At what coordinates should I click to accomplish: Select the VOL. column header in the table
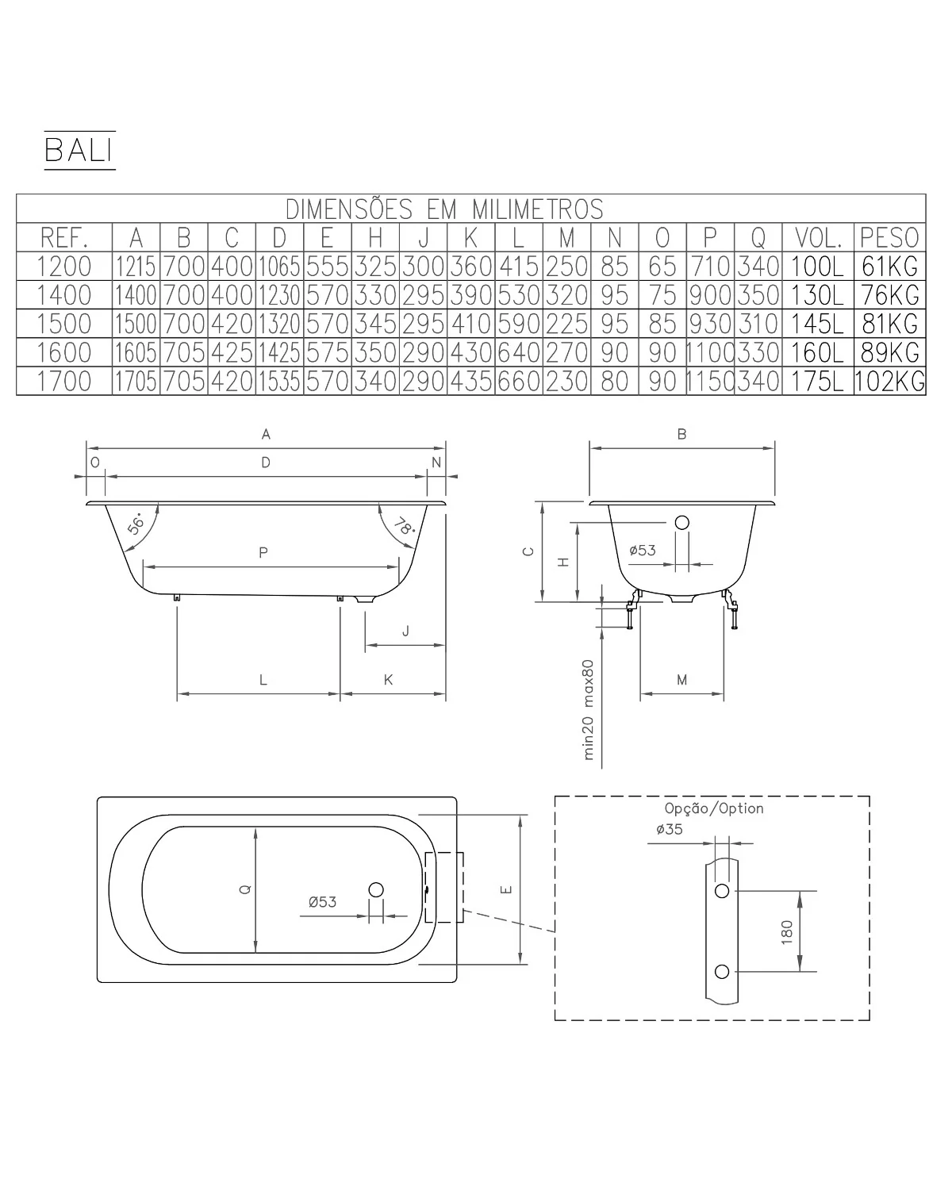(818, 238)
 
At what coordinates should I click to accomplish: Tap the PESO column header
(889, 238)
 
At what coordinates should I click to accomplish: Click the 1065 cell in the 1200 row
(279, 267)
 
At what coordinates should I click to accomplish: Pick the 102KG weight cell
(889, 381)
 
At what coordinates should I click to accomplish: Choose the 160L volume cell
(817, 352)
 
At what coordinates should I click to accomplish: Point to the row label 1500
(64, 324)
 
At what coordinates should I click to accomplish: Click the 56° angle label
(136, 523)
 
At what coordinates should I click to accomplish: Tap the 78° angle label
(405, 526)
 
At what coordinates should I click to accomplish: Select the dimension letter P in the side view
(263, 552)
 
